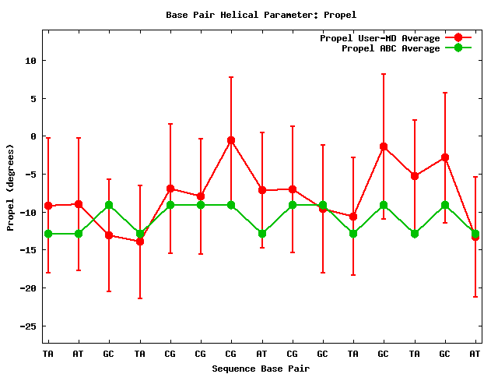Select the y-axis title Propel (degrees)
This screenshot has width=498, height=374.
coord(11,187)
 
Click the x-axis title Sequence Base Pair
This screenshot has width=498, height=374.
coord(261,369)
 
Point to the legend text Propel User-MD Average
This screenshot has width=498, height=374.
coord(380,38)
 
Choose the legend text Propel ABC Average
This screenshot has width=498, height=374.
coord(391,48)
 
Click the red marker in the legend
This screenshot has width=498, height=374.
coord(458,38)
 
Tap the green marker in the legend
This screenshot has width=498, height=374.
coord(458,48)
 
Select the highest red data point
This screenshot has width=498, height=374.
coord(231,140)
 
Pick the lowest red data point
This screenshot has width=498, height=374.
coord(140,242)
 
